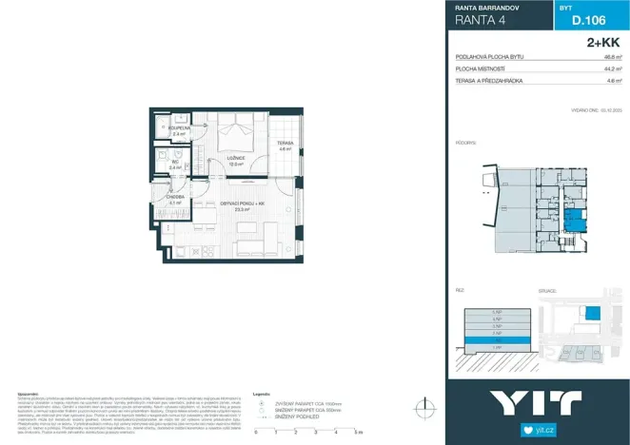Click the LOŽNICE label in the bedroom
(x=235, y=159)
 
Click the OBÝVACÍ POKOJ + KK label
(x=242, y=205)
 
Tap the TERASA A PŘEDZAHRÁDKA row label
(x=493, y=81)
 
